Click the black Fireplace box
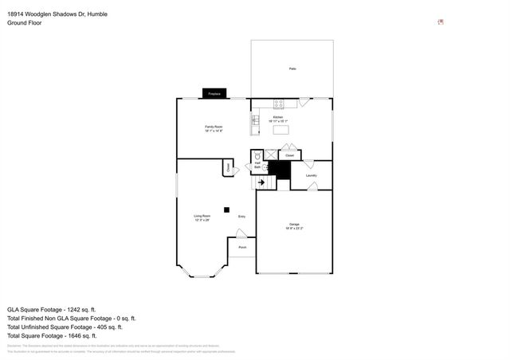pyautogui.click(x=214, y=93)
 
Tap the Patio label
pyautogui.click(x=292, y=70)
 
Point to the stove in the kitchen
pyautogui.click(x=280, y=103)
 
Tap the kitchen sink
pyautogui.click(x=256, y=120)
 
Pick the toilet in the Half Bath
pyautogui.click(x=257, y=156)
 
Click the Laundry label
pyautogui.click(x=312, y=175)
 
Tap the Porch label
pyautogui.click(x=242, y=247)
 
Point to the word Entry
pyautogui.click(x=241, y=217)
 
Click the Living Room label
pyautogui.click(x=202, y=217)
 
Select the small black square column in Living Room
pyautogui.click(x=226, y=210)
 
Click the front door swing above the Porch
pyautogui.click(x=241, y=233)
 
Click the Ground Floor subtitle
pyautogui.click(x=25, y=23)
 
